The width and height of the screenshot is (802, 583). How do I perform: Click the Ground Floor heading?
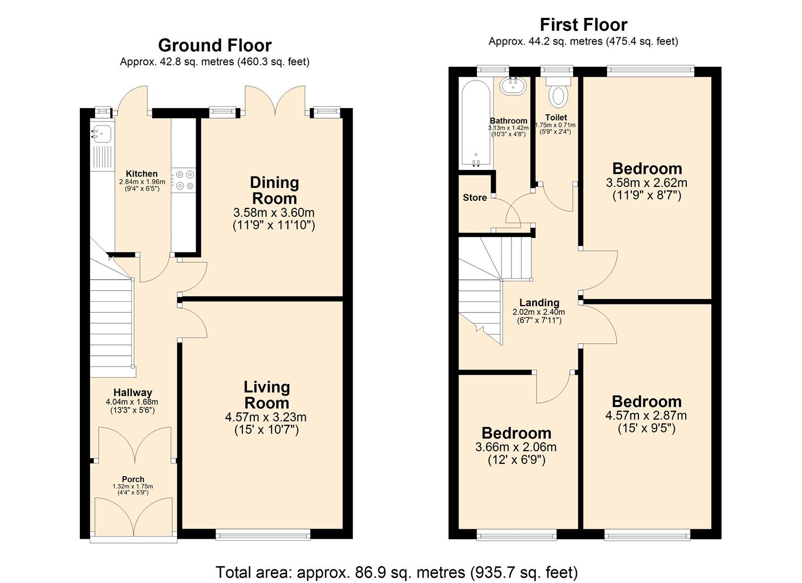coord(214,45)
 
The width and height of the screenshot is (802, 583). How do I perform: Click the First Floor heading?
coord(583,25)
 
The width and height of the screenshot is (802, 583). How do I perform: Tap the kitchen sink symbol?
coord(101,131)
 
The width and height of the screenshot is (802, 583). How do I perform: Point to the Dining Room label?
coord(274,190)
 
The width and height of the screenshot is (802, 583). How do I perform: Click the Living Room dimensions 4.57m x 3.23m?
coord(266,417)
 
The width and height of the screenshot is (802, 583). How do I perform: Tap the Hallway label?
coord(132,392)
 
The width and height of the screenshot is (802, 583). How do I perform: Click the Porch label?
coord(133,479)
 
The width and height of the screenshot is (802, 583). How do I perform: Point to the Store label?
coord(475,198)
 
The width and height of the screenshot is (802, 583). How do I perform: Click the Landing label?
coord(539,303)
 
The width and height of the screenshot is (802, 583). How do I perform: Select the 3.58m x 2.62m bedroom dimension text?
coord(646,183)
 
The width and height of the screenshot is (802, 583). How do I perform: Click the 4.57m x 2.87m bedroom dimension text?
coord(646,416)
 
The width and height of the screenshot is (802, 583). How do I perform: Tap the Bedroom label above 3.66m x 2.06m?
coord(516,433)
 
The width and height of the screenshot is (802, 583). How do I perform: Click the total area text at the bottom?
coord(396,572)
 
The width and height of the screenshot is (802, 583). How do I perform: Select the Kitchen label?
coord(141,174)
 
